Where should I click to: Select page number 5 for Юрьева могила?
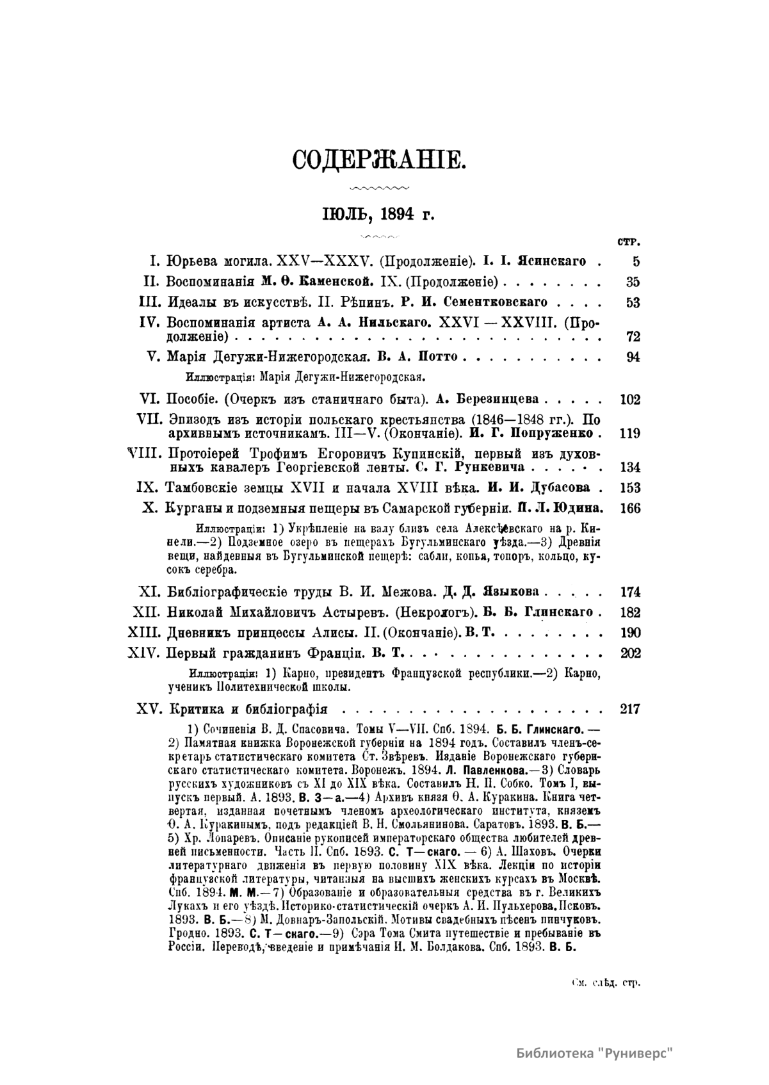636,261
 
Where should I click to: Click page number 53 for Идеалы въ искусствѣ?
633,302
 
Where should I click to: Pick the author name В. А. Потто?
413,357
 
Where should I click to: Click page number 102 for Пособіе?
630,400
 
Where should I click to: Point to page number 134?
630,468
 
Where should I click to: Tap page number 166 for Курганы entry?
630,509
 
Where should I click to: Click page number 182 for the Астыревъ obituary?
630,612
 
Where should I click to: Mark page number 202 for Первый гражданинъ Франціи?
630,654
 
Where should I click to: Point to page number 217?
630,710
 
